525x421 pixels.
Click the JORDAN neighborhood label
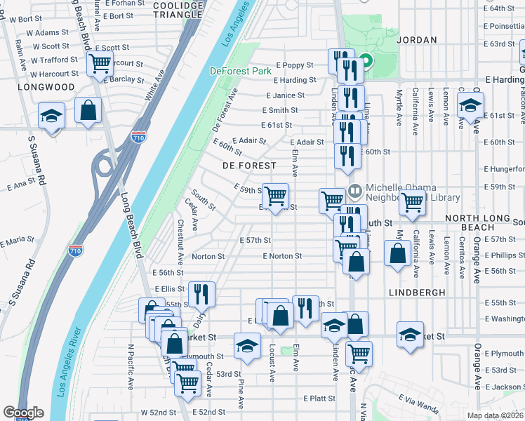416,41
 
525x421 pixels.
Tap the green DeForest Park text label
240,71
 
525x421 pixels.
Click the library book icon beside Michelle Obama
355,190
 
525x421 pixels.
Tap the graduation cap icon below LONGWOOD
51,115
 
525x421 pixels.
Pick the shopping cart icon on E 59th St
275,195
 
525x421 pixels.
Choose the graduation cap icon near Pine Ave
247,347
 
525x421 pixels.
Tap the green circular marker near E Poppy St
366,61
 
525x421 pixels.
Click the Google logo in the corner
23,413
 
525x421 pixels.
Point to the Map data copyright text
496,415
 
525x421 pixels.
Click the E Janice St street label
285,95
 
